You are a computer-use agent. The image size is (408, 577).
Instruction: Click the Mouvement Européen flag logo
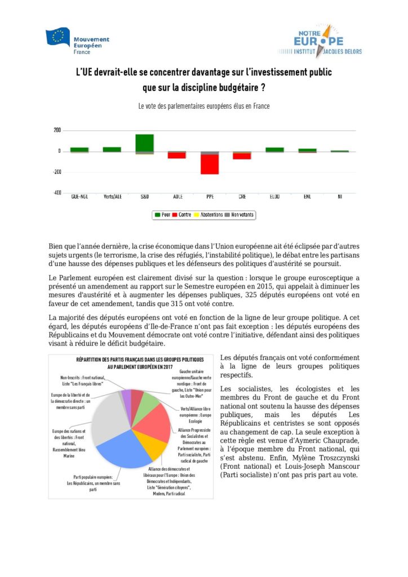[58, 38]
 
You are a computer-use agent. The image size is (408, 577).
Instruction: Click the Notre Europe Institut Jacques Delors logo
[319, 40]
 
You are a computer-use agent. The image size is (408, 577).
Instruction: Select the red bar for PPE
[210, 164]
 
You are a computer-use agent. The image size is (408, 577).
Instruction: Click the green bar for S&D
[144, 143]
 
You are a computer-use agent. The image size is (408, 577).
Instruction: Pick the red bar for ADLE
[176, 155]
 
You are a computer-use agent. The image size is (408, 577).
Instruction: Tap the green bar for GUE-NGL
[79, 149]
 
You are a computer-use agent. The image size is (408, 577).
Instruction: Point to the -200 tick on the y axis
[57, 172]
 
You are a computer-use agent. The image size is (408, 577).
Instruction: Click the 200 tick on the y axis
[57, 130]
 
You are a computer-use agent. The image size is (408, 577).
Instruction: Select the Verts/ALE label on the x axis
[112, 197]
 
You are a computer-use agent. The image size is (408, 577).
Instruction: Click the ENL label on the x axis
[307, 197]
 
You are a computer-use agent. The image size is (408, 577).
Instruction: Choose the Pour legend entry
[162, 215]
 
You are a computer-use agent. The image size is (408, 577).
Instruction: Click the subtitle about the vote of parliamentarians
[204, 106]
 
